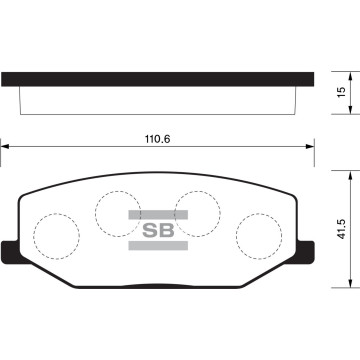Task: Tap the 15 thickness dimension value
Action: click(341, 92)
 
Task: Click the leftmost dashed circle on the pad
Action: click(56, 237)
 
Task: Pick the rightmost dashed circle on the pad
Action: click(258, 237)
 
